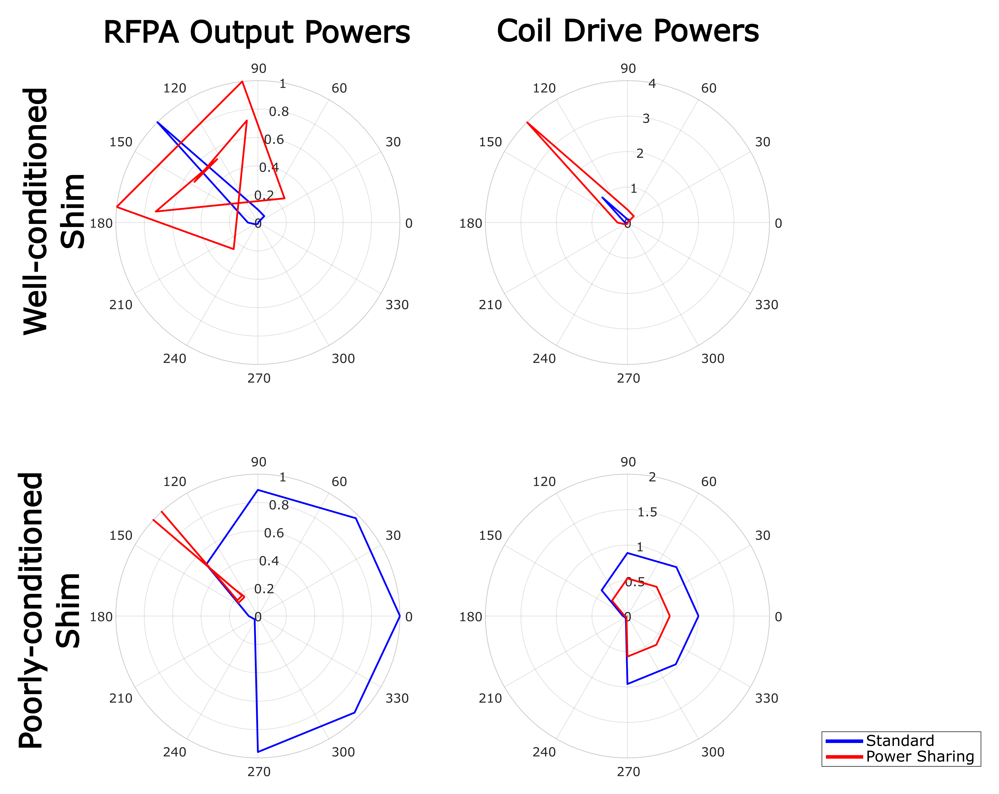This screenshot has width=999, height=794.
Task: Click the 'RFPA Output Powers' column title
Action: click(x=257, y=32)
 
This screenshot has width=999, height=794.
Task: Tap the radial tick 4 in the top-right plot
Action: click(x=652, y=84)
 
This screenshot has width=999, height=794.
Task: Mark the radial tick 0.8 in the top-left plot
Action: click(x=278, y=112)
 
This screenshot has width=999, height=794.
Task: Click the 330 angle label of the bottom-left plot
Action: click(x=397, y=698)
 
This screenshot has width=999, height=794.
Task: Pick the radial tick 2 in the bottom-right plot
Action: click(x=652, y=477)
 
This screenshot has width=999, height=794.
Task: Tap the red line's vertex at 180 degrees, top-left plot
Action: click(x=117, y=207)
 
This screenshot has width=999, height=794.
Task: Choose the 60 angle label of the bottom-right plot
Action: click(x=708, y=482)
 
